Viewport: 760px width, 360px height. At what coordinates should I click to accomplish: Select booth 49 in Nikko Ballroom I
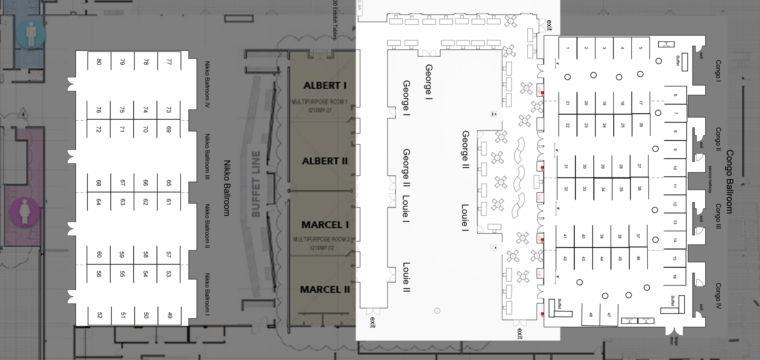tap(170, 315)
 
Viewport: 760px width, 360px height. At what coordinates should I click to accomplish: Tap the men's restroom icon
tap(31, 33)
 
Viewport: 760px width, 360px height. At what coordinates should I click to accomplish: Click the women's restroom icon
tap(25, 212)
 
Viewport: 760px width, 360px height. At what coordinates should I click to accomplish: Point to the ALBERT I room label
tap(325, 86)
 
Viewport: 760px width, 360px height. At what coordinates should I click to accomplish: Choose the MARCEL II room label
tap(325, 290)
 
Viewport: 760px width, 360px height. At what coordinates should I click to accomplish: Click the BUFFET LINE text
tap(256, 184)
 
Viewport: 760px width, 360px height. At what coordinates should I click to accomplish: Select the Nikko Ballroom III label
tap(207, 157)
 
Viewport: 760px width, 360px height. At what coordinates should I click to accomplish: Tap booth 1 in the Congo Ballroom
tap(568, 48)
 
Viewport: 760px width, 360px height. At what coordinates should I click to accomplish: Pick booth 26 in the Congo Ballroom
tap(641, 125)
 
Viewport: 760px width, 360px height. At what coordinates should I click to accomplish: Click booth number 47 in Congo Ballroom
tap(609, 315)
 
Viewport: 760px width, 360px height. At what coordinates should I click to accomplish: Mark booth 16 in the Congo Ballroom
tap(674, 276)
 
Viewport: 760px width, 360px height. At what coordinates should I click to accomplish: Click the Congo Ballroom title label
tap(729, 181)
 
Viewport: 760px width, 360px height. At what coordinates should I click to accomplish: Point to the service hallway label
tap(710, 179)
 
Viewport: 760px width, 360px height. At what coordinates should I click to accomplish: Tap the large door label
tap(674, 341)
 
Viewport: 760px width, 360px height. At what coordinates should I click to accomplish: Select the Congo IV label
tap(718, 296)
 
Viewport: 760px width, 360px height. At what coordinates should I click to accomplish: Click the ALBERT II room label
tap(325, 161)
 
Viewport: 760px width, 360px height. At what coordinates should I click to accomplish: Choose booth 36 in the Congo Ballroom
tap(639, 188)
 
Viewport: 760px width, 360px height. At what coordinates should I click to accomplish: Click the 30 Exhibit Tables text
tap(335, 20)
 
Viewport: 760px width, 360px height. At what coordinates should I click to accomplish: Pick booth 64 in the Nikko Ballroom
tap(98, 202)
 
